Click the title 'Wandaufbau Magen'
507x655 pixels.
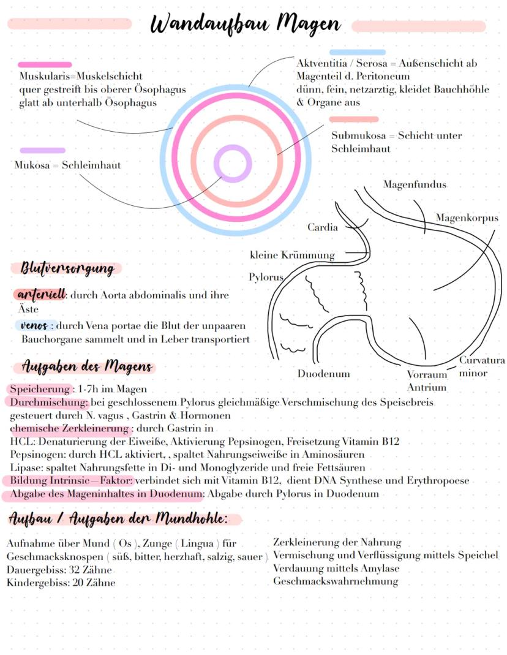[x=245, y=25]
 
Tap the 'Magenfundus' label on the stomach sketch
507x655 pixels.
[x=415, y=184]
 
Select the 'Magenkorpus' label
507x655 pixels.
[x=467, y=218]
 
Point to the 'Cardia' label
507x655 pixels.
[x=322, y=227]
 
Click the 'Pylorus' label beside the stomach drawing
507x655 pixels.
[x=266, y=277]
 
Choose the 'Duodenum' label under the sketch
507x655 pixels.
[x=323, y=374]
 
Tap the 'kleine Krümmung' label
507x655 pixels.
[x=292, y=255]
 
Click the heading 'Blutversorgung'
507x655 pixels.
[x=67, y=268]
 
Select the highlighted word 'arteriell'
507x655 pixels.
[x=39, y=295]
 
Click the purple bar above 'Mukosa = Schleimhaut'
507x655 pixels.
[x=42, y=150]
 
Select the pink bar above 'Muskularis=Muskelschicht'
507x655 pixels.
[x=45, y=64]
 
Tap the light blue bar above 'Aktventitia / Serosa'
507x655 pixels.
[x=358, y=53]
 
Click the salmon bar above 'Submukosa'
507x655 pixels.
[x=354, y=119]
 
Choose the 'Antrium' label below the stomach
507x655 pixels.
[x=427, y=387]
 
